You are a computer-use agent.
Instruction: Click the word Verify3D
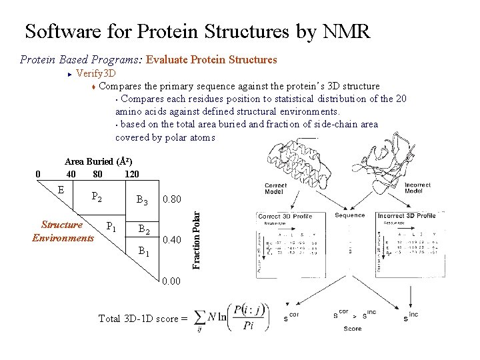[x=97, y=73]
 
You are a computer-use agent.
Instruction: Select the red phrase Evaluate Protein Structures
[x=211, y=59]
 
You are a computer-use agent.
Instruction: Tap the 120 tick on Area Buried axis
[x=131, y=174]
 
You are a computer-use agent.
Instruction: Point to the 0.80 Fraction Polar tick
[x=171, y=199]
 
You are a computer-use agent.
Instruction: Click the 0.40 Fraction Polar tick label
[x=171, y=239]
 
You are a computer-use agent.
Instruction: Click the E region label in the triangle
[x=61, y=189]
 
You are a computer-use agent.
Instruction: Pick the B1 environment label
[x=143, y=251]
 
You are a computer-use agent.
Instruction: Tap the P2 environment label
[x=97, y=197]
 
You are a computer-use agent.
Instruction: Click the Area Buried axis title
[x=98, y=161]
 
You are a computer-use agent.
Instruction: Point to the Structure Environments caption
[x=63, y=231]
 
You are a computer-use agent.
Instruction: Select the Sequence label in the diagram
[x=350, y=215]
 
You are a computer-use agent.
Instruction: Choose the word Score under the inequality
[x=353, y=328]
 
